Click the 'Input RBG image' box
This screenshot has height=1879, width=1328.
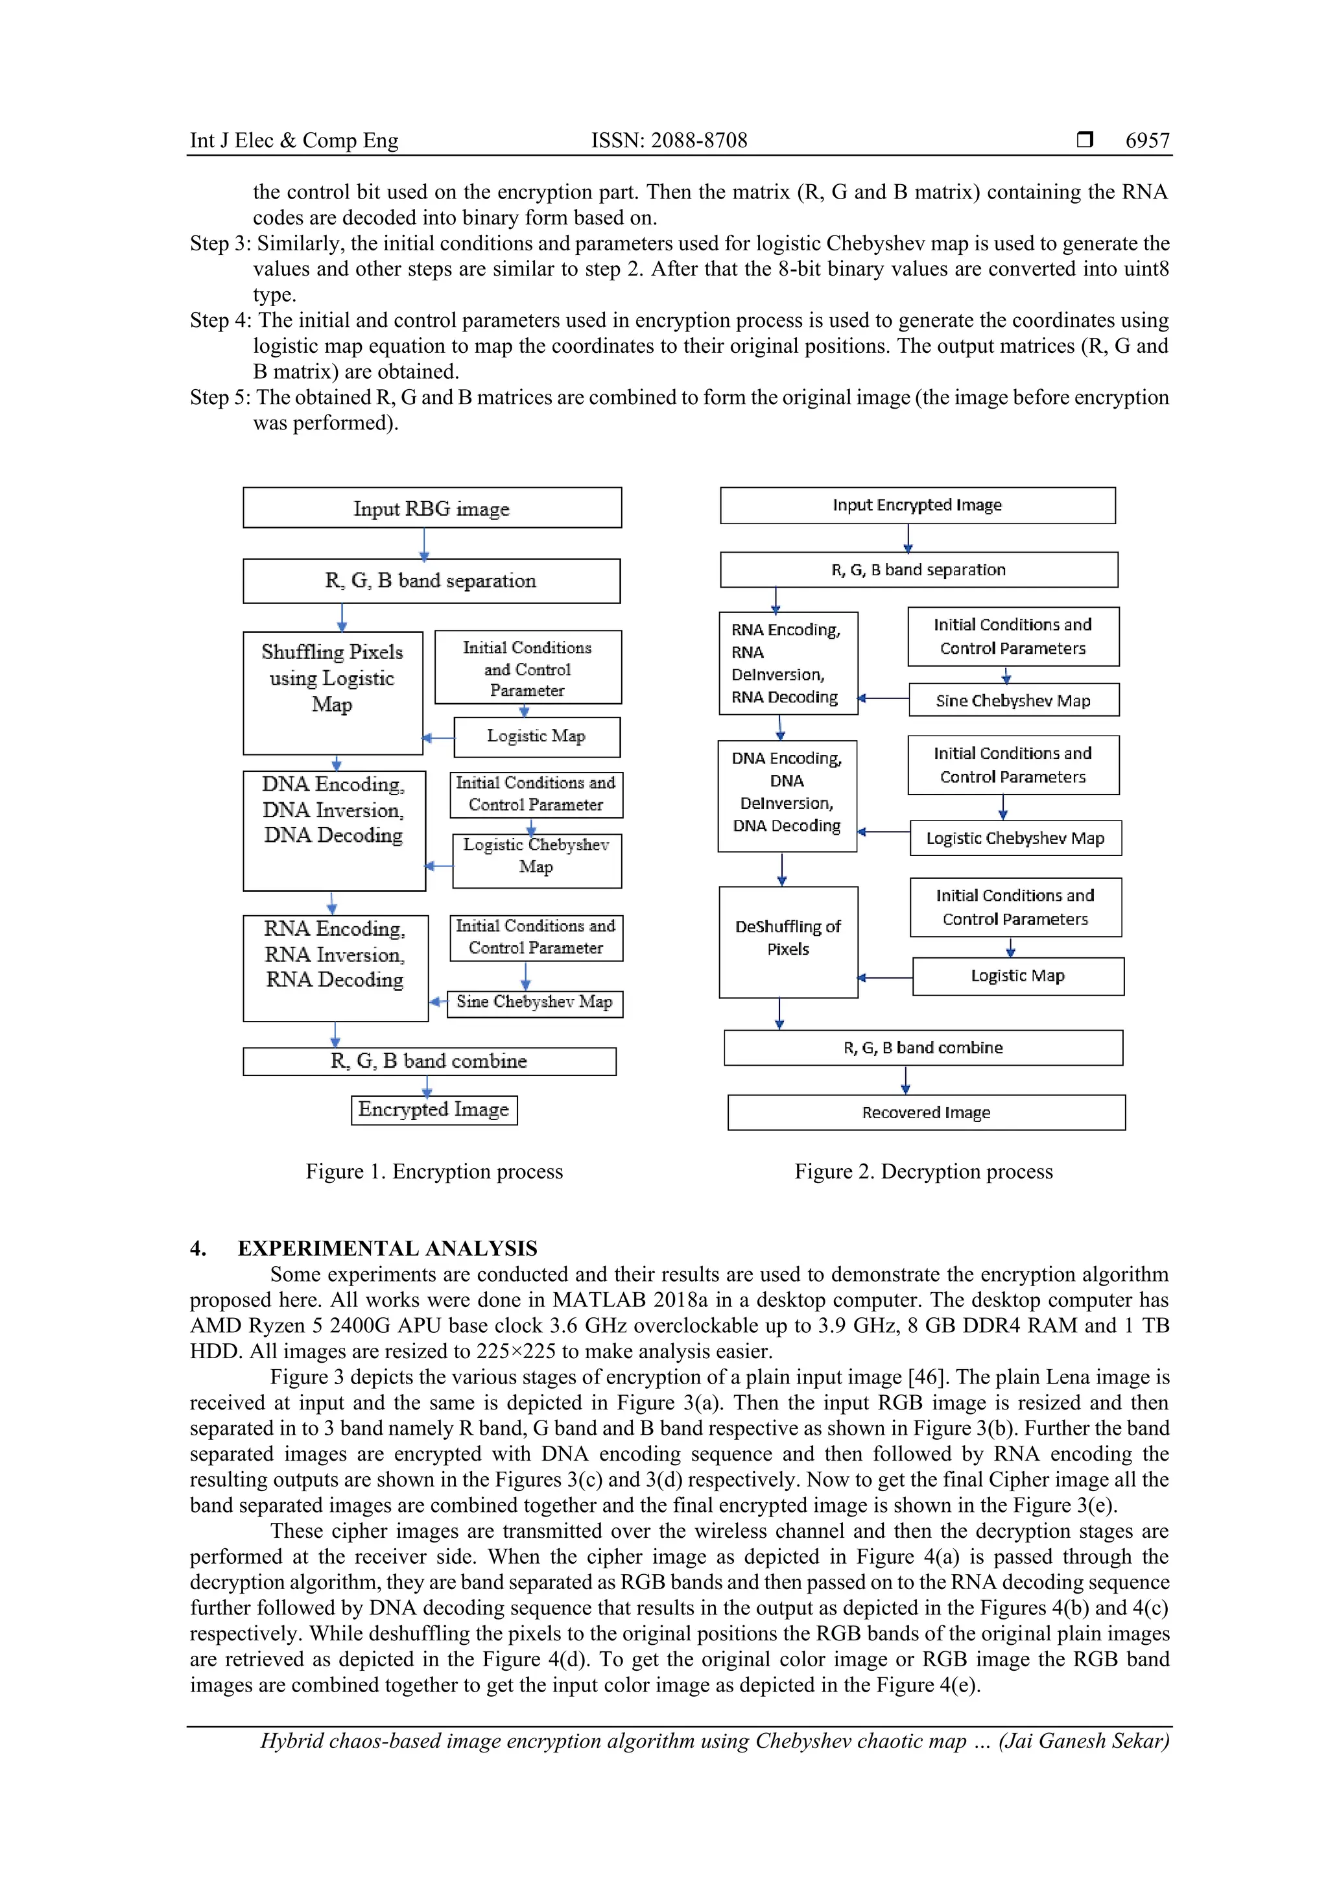tap(432, 509)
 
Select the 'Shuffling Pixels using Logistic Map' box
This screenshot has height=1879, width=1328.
tap(332, 692)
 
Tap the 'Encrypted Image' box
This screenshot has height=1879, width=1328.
tap(434, 1110)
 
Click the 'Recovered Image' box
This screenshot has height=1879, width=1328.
tap(925, 1112)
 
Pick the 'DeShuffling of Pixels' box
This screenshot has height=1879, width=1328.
tap(788, 941)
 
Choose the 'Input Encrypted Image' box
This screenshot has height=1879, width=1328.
tap(918, 505)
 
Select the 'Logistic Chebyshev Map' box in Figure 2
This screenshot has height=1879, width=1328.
tap(1015, 838)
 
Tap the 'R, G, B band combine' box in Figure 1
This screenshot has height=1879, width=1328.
tap(429, 1062)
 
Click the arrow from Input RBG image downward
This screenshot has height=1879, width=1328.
tap(424, 544)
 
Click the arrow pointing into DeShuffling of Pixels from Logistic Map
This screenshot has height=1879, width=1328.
tap(884, 977)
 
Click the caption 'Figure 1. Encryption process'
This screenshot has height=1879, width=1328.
tap(434, 1171)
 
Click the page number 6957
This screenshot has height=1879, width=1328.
tap(1147, 141)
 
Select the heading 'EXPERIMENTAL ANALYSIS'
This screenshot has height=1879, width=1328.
tap(387, 1248)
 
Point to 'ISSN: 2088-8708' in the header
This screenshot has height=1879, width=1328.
tap(669, 141)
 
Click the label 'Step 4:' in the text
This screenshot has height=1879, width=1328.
tap(220, 320)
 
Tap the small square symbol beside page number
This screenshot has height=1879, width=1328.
tap(1084, 140)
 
